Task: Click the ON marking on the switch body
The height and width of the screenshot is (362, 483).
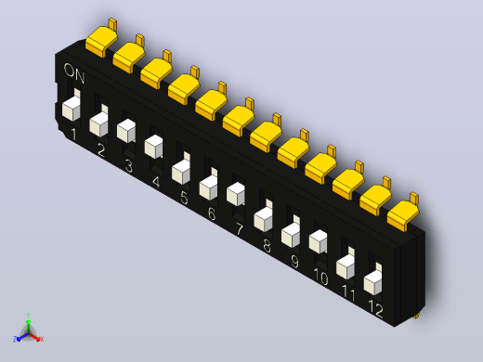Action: coord(74,73)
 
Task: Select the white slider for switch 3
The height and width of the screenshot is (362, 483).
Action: coord(126,131)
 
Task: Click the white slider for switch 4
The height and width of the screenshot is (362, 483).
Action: coord(153,147)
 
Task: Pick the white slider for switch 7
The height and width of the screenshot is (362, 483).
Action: coord(236,194)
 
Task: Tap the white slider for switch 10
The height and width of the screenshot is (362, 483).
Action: coord(318,241)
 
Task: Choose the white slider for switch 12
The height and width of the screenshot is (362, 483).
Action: coord(372,280)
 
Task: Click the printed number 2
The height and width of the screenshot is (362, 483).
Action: coord(101,150)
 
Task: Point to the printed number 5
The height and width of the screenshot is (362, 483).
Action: coord(184,198)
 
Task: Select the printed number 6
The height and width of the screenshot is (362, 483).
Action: coord(212,213)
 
